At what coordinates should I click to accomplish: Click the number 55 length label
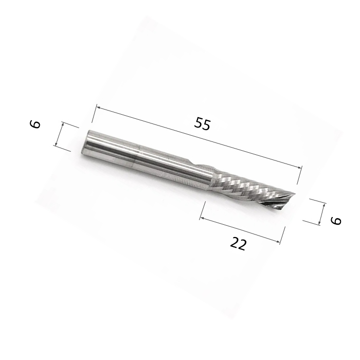(203, 124)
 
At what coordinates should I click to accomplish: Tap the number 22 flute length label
(238, 244)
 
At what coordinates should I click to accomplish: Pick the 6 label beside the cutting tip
(336, 220)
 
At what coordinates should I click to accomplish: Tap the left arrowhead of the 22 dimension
(202, 218)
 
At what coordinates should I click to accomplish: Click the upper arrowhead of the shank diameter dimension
(62, 124)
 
